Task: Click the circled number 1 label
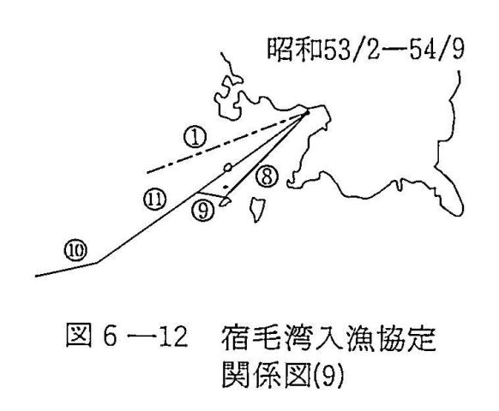click(195, 138)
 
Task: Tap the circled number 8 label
click(268, 176)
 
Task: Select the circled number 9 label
click(203, 211)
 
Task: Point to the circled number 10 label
click(76, 251)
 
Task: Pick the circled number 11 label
click(155, 200)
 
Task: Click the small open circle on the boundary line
click(227, 167)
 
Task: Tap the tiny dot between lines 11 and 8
click(226, 187)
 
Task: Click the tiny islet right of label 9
click(224, 202)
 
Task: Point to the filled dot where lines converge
click(308, 112)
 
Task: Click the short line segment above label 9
click(211, 195)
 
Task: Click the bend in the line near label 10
click(97, 263)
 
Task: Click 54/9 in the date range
click(436, 50)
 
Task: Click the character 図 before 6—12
click(78, 335)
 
